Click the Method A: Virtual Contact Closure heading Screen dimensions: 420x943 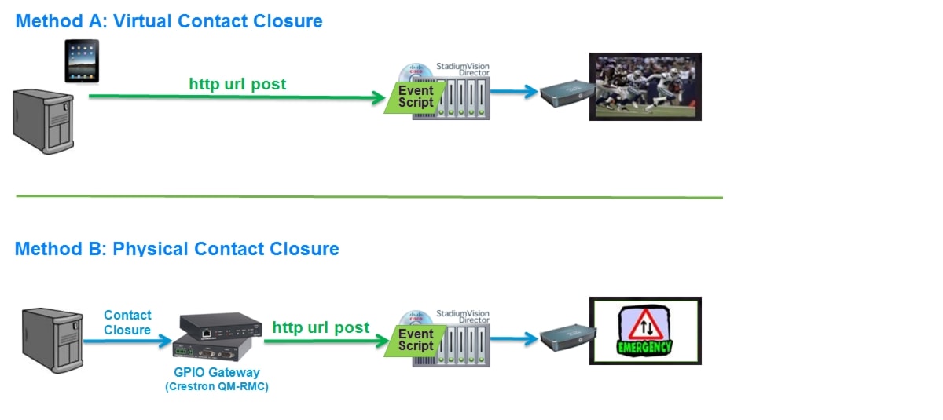coord(169,21)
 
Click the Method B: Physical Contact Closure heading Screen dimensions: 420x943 coord(177,249)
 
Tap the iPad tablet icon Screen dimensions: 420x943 coord(83,61)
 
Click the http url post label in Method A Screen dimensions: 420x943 coord(237,83)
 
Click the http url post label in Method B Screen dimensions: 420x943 coord(321,327)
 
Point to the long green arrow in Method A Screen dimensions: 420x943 coord(236,97)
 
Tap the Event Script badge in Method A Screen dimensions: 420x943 coord(415,97)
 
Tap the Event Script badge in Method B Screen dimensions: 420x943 coord(415,340)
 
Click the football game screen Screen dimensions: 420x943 coord(645,86)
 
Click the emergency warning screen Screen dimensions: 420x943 coord(645,331)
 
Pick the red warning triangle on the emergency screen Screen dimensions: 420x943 coord(644,323)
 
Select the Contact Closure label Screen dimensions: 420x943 coord(127,322)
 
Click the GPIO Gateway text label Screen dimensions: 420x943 coord(217,373)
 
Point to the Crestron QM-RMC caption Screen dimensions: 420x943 coord(217,386)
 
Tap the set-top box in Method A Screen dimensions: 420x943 coord(564,92)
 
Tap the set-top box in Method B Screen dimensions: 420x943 coord(564,337)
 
